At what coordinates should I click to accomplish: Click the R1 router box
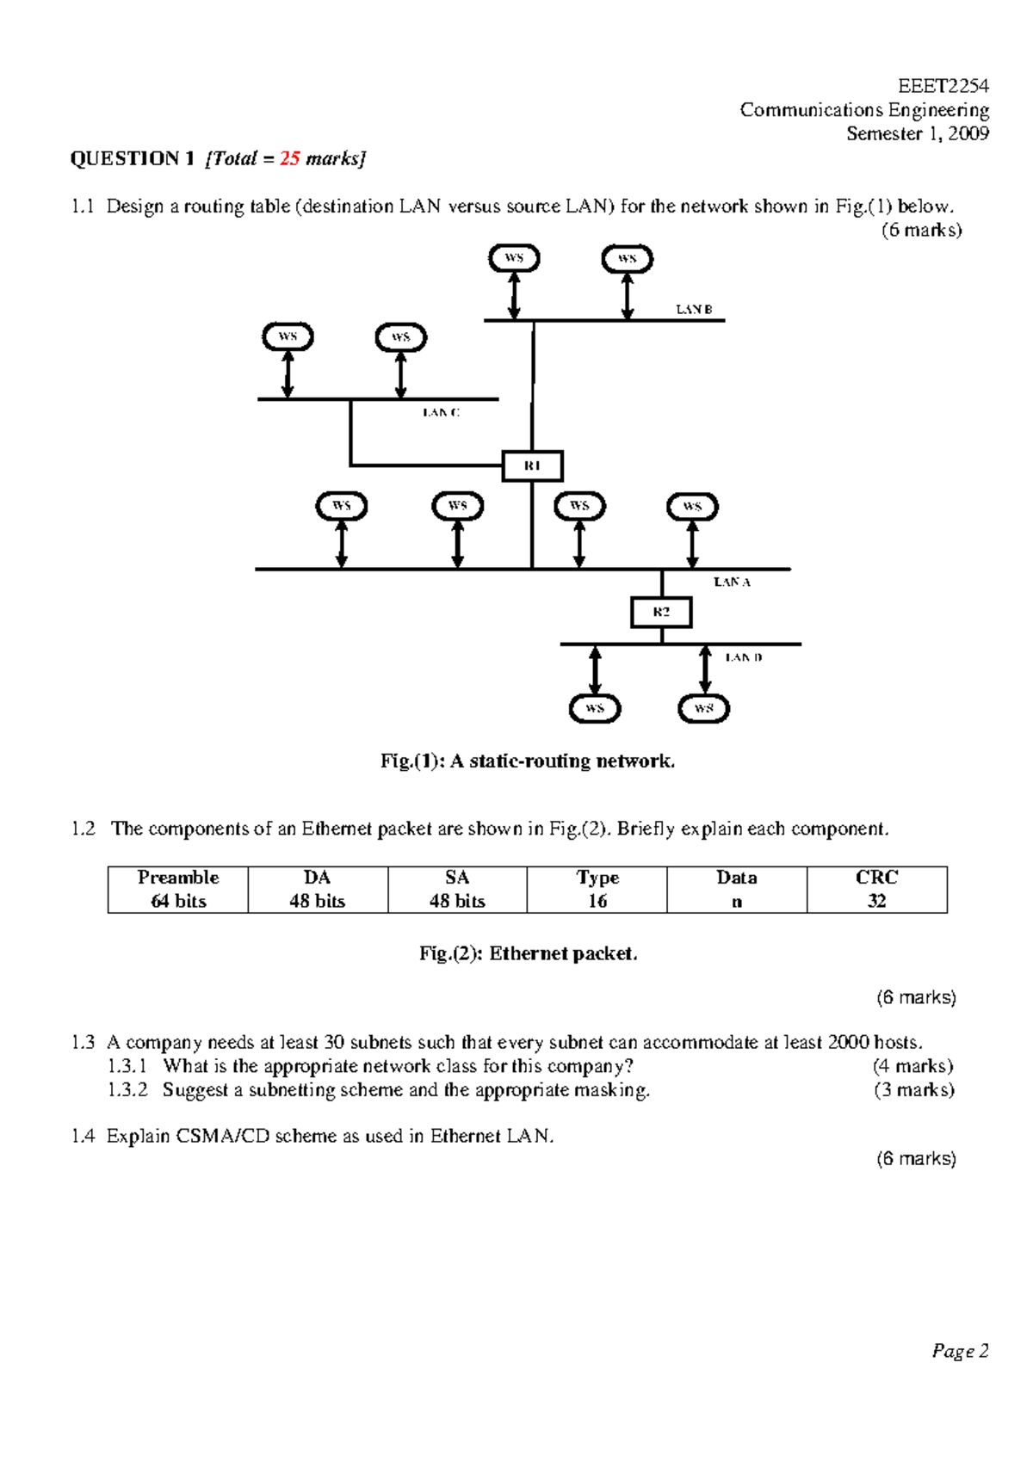coord(532,465)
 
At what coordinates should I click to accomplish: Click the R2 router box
coord(661,613)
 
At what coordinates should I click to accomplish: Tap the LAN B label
coord(694,309)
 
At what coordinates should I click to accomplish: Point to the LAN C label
coord(441,413)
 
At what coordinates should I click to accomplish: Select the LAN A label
coord(732,583)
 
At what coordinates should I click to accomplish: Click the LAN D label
coord(743,657)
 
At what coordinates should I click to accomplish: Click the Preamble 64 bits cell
coord(178,889)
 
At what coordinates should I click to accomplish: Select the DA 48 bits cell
coord(318,889)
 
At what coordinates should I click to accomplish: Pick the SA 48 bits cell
coord(457,889)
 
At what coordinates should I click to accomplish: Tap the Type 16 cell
coord(597,889)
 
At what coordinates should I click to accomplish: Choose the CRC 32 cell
coord(876,889)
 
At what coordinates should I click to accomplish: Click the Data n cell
coord(737,889)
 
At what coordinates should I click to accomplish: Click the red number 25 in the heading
coord(289,158)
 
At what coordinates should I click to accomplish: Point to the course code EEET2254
coord(943,86)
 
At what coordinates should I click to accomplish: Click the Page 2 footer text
coord(960,1351)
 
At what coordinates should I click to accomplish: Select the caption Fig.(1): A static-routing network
coord(528,761)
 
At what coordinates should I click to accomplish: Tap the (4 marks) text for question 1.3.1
coord(912,1066)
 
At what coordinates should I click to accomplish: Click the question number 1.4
coord(83,1136)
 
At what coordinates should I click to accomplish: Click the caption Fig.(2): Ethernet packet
coord(528,953)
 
